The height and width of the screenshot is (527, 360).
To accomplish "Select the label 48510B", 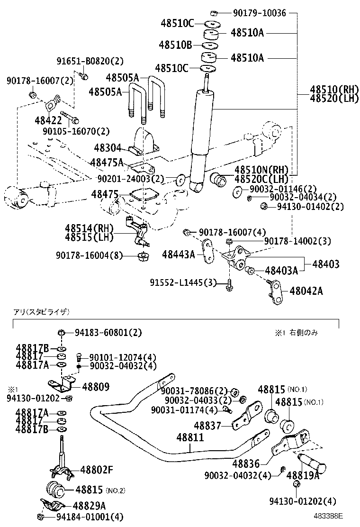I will (175, 45).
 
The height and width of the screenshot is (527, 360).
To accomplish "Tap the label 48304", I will (108, 148).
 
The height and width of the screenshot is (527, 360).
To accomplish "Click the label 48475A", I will (107, 163).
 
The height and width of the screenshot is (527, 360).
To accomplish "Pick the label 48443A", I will (178, 255).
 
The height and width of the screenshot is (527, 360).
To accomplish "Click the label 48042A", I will (306, 291).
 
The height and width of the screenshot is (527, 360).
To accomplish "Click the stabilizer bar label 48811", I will (190, 436).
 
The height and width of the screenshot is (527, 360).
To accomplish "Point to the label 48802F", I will (97, 470).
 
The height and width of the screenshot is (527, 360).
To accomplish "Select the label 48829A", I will (89, 506).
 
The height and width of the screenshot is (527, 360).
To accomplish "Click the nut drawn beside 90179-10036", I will (214, 12).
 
